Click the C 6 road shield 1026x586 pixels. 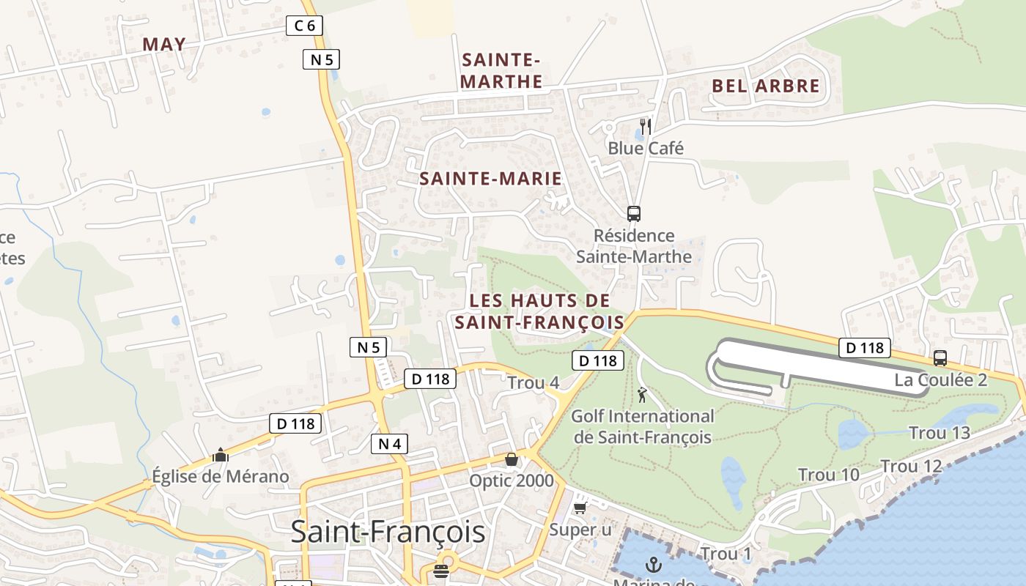(x=304, y=26)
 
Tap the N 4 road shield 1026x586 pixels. (x=389, y=443)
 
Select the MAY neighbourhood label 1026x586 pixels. (x=164, y=44)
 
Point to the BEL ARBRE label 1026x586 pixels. (x=766, y=86)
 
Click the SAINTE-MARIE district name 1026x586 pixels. (x=490, y=178)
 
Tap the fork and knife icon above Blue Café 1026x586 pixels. (x=645, y=127)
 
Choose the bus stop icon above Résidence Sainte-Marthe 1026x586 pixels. (x=634, y=214)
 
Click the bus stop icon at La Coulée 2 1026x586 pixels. (x=940, y=358)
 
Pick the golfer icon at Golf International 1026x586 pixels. (x=643, y=395)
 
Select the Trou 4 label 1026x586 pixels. (x=533, y=382)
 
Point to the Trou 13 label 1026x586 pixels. (x=940, y=433)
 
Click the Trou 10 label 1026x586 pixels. (x=828, y=475)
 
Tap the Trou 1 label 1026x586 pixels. (x=726, y=554)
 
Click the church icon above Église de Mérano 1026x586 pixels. (x=220, y=456)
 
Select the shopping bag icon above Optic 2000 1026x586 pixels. (x=512, y=460)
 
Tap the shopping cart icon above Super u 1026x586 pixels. (x=580, y=507)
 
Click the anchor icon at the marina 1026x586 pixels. (x=653, y=565)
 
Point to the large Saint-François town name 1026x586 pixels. (x=388, y=532)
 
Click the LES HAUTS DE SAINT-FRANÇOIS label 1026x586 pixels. (x=539, y=311)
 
